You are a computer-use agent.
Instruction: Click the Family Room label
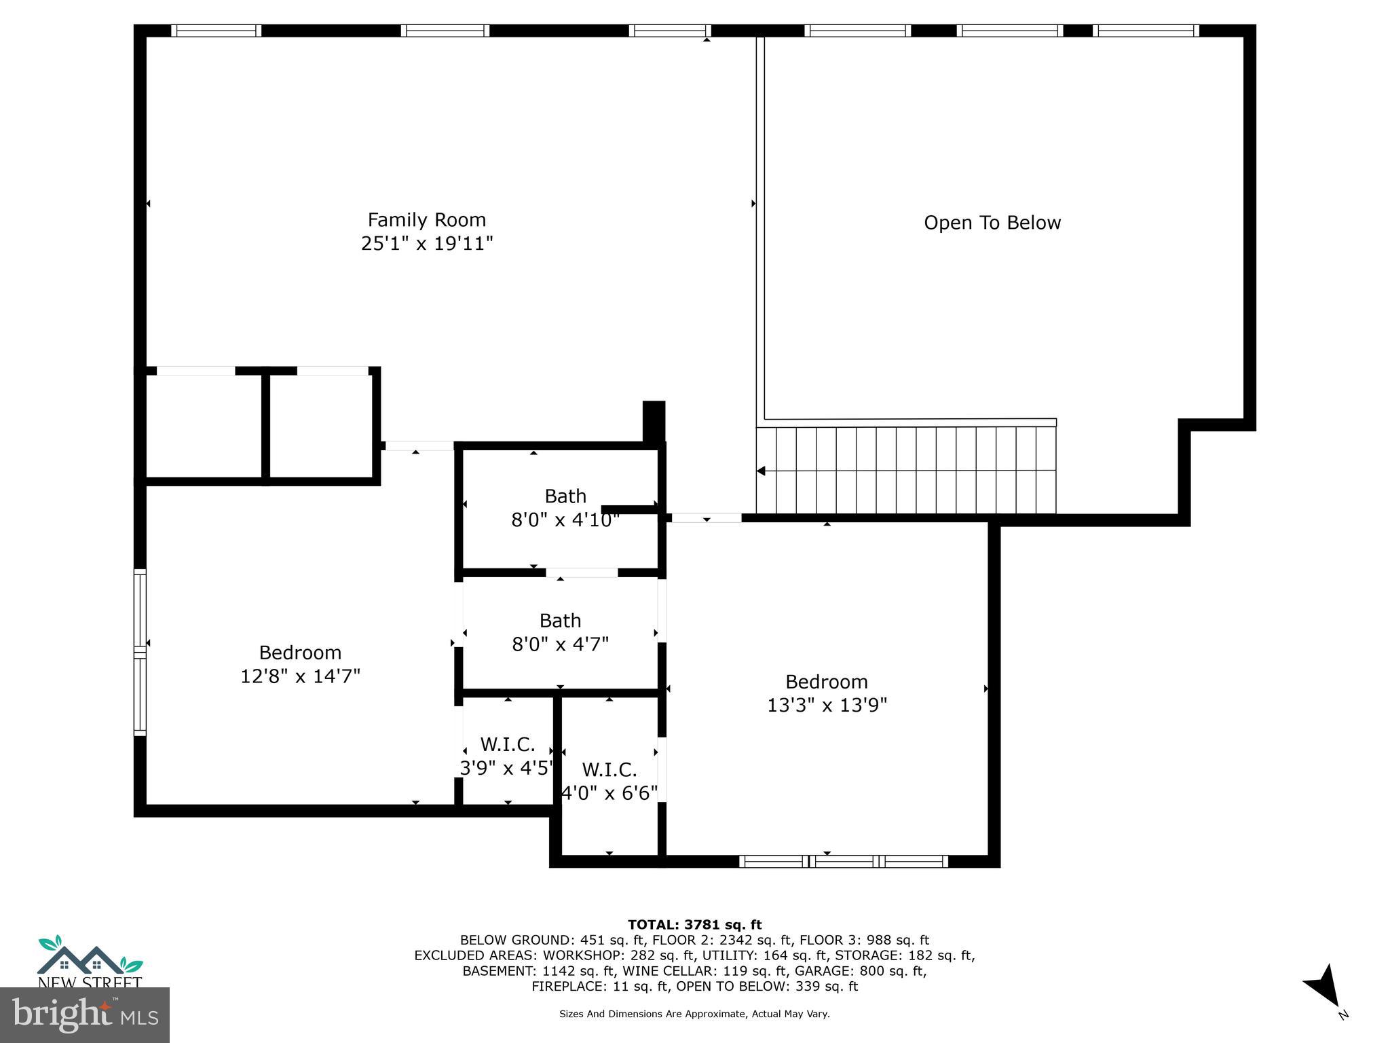(426, 220)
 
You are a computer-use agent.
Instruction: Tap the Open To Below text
(992, 223)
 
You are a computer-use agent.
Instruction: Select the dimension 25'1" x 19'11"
(426, 244)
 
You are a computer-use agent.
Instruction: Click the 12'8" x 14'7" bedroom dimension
(300, 676)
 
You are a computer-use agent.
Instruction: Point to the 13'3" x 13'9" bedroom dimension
(827, 706)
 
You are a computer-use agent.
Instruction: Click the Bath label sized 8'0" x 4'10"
(565, 496)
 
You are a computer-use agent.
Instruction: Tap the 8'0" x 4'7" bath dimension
(560, 644)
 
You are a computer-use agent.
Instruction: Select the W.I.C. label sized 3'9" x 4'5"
(507, 745)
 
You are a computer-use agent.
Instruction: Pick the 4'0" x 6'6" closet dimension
(609, 793)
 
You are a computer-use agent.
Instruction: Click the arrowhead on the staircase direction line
(762, 471)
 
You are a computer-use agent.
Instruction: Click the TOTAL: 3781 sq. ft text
(694, 924)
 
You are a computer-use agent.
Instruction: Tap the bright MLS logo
(85, 1014)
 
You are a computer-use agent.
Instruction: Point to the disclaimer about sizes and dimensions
(694, 1014)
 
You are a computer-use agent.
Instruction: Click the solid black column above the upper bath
(654, 421)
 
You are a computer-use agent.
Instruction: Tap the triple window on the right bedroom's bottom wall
(843, 861)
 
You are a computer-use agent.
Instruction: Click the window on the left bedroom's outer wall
(140, 653)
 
